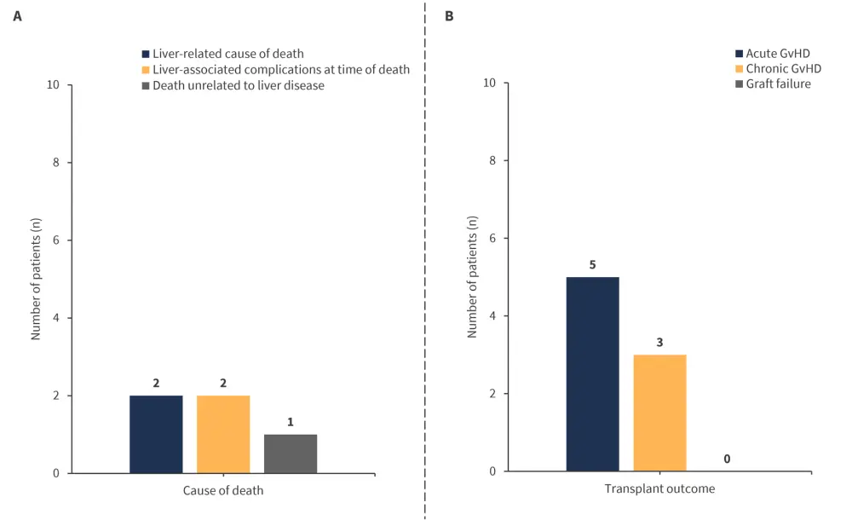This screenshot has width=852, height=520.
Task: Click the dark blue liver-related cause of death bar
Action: click(x=156, y=434)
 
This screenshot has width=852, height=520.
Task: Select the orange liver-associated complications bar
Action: click(x=223, y=434)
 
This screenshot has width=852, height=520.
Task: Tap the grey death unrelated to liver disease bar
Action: click(x=291, y=454)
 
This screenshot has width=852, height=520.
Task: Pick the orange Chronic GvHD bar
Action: click(x=659, y=413)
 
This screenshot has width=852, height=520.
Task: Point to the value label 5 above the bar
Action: click(x=593, y=265)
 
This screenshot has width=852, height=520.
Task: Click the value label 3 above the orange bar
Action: click(x=659, y=343)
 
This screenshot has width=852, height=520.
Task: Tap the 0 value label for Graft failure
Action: click(x=727, y=459)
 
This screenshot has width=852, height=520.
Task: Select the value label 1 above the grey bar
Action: click(x=291, y=422)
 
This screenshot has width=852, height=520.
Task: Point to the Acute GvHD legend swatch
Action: click(x=738, y=53)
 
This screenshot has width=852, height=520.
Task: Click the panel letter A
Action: click(x=17, y=16)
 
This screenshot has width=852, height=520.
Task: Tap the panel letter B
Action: click(x=449, y=16)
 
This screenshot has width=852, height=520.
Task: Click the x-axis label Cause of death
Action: click(x=223, y=491)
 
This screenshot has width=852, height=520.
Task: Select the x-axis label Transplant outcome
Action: click(x=659, y=489)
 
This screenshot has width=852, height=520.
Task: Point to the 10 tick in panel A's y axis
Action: click(x=54, y=85)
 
